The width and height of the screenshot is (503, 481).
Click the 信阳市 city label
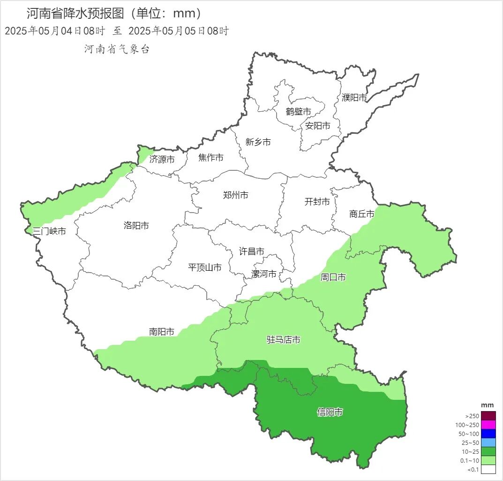(x=330, y=412)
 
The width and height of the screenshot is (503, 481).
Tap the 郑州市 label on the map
(x=236, y=195)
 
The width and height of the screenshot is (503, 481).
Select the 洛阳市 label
(x=136, y=226)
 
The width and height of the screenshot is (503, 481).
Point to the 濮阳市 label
(x=354, y=98)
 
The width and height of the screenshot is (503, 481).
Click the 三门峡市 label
(x=49, y=231)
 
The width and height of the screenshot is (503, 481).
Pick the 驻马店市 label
(x=284, y=340)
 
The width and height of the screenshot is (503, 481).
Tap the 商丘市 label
(x=362, y=214)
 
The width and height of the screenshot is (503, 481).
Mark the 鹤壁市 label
(x=299, y=112)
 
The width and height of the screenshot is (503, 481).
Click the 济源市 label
(x=162, y=160)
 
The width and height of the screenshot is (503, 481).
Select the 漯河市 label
(x=264, y=274)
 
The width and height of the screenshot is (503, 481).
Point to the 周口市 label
(x=333, y=278)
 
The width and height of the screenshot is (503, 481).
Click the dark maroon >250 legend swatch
(x=488, y=416)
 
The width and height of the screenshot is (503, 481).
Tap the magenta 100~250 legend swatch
(x=488, y=425)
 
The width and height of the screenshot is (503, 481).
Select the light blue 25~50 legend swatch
(x=488, y=443)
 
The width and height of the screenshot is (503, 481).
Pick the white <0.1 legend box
(x=488, y=469)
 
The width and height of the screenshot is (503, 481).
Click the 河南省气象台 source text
(x=117, y=49)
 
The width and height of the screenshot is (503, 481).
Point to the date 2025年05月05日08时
(x=179, y=31)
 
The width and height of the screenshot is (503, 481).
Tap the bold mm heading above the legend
(x=488, y=405)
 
